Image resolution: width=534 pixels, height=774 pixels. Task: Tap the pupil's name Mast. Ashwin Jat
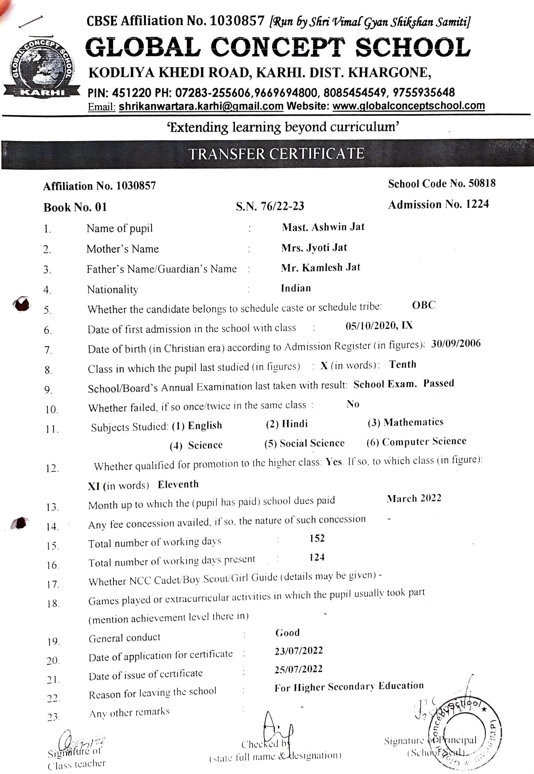pos(323,227)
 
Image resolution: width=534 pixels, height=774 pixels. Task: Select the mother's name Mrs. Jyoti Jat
pos(314,248)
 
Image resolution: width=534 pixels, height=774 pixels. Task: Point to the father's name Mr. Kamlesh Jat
pos(320,268)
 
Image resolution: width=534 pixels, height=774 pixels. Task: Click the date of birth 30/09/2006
pos(456,344)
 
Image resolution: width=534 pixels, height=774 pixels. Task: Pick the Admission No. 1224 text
pos(438,204)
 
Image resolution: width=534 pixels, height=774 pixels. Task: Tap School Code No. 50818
pos(441,183)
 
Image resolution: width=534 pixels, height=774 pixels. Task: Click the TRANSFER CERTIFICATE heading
pos(276,154)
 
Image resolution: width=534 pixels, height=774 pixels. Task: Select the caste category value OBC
pos(423,305)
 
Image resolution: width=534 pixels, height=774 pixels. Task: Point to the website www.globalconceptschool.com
pos(408,106)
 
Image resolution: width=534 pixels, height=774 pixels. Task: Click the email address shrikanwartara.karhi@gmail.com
pos(201,106)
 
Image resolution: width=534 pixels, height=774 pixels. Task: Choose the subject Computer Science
pos(424,442)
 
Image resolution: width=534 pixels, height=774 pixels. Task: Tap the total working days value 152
pos(317,538)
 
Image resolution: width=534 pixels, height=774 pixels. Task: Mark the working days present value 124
pos(317,557)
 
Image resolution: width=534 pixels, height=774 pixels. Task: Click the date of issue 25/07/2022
pos(299,669)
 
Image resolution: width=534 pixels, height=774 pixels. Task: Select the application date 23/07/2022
pos(299,651)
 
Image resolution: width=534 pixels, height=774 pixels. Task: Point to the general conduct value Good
pos(287,633)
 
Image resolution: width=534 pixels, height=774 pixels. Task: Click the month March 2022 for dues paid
pos(414,499)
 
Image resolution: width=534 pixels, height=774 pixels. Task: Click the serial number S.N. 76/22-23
pos(270,206)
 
